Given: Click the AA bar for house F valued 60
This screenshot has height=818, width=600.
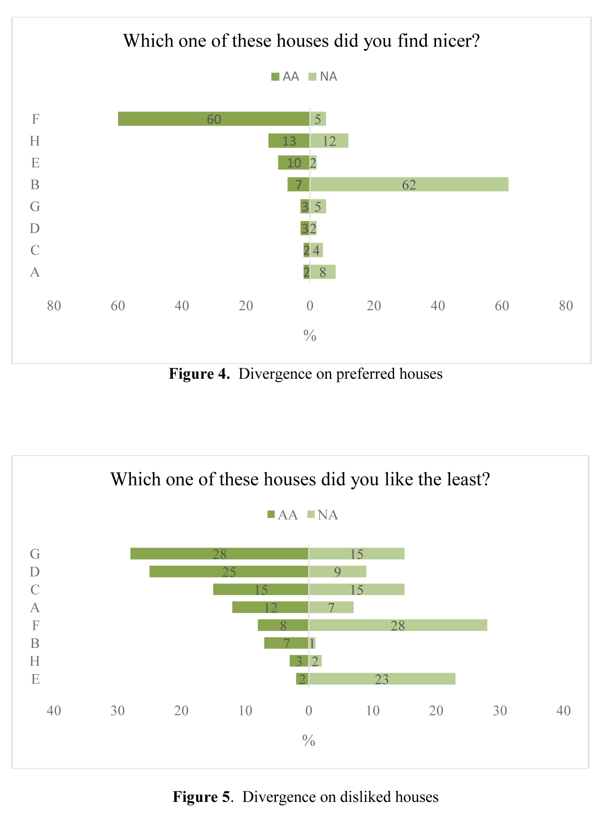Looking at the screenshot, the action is click(x=214, y=119).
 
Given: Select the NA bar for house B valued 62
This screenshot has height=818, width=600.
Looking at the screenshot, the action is click(x=409, y=184).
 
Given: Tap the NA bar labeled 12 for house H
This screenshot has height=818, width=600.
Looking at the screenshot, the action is click(x=329, y=141).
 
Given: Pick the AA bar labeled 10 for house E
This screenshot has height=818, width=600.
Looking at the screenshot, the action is click(x=294, y=162).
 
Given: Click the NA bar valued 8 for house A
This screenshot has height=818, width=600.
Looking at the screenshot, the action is click(x=323, y=272).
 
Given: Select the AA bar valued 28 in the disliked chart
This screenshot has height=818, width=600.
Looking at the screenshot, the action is click(x=219, y=553).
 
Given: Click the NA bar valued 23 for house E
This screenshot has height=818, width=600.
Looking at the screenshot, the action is click(x=382, y=679).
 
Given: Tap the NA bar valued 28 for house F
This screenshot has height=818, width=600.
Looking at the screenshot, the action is click(x=398, y=625).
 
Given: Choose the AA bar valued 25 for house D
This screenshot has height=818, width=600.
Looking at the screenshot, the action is click(x=229, y=572).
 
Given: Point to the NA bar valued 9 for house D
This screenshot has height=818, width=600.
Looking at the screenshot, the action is click(x=338, y=572).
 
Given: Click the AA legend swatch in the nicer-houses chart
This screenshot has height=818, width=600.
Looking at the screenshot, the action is click(x=275, y=77).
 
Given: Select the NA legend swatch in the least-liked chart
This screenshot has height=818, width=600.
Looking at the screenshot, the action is click(x=311, y=514).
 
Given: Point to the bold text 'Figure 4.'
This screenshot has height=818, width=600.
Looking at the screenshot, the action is click(x=199, y=374).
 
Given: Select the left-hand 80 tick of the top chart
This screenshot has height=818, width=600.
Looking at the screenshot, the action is click(x=54, y=306).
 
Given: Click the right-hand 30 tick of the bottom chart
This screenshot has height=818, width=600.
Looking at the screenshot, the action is click(x=500, y=710).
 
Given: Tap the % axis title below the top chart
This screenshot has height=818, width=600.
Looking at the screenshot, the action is click(x=310, y=336).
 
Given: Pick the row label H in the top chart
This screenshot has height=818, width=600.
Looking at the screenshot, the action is click(x=35, y=141).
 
